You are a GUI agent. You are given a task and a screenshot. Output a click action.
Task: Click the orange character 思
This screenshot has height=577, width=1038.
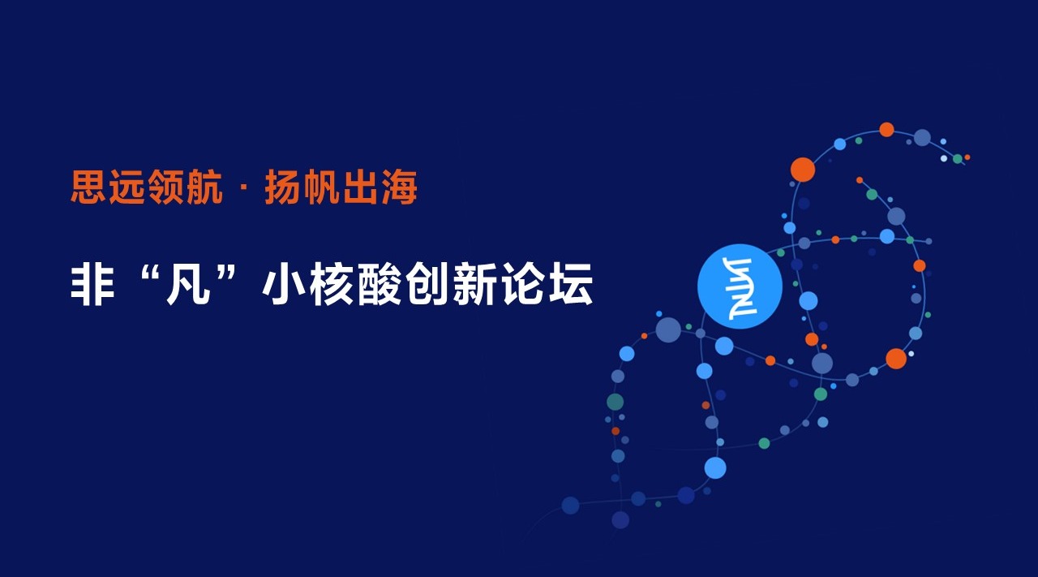pos(88,187)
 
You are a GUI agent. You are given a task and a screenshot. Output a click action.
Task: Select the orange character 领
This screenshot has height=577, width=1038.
pos(165,187)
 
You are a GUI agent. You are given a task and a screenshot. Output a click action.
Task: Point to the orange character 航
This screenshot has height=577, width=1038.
pos(204,187)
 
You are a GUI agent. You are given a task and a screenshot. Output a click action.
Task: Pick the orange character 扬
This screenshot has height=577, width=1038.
pos(282,187)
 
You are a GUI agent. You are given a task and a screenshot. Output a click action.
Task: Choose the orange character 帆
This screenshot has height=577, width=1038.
pos(321,187)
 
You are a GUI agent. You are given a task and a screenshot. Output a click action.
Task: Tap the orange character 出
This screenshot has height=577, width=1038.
pos(360,187)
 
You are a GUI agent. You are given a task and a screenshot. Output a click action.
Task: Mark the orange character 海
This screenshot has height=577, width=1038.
pos(399,187)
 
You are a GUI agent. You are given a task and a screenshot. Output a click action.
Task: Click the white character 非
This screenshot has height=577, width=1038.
pos(92,284)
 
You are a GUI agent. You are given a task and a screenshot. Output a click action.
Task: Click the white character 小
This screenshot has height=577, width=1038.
pos(284,284)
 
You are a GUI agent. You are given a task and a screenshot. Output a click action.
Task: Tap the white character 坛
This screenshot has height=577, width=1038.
pos(572,284)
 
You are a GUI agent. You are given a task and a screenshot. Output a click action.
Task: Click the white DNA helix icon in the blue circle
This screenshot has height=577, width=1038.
pos(740,287)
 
